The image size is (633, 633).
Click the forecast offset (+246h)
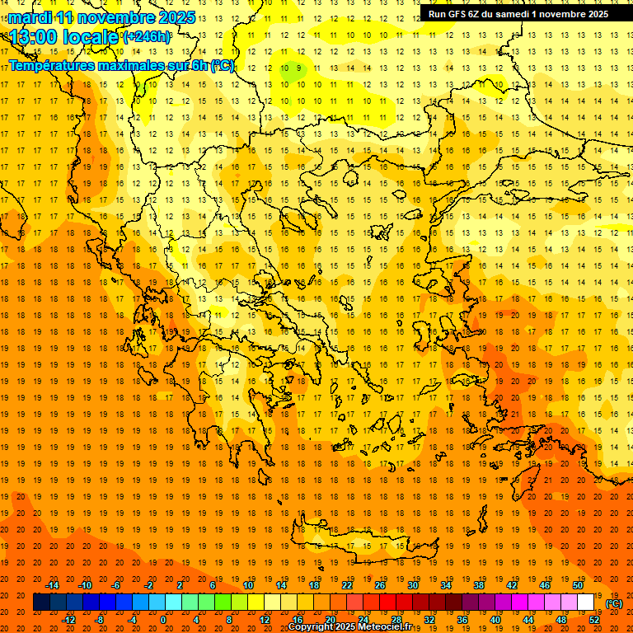[x=147, y=37]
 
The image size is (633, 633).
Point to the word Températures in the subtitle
[x=56, y=65]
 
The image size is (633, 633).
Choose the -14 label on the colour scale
[x=53, y=585]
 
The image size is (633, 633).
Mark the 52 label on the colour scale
[x=594, y=620]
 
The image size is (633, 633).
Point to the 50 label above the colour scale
[x=578, y=585]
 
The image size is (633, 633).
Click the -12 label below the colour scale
[x=69, y=620]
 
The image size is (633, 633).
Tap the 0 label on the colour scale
[x=163, y=620]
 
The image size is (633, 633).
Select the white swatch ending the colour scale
[x=585, y=603]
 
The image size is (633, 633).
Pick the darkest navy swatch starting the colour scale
[x=41, y=603]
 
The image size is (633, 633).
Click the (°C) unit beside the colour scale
[x=614, y=603]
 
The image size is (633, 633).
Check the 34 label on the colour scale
[x=446, y=585]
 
